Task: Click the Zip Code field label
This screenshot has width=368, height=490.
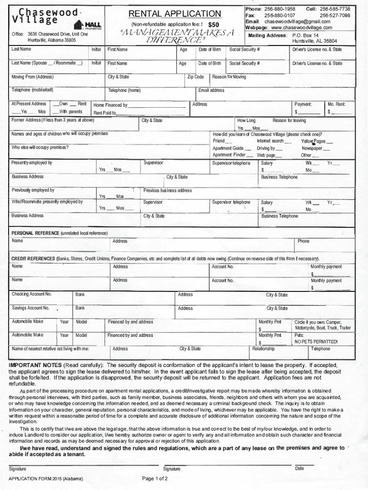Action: tap(195, 77)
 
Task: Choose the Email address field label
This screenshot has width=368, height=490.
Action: tap(211, 90)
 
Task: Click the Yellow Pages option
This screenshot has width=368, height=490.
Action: tap(314, 141)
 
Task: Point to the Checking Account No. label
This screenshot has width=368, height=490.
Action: tap(32, 294)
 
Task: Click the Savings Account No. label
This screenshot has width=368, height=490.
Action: tap(31, 308)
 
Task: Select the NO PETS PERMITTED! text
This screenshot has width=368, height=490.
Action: tap(316, 342)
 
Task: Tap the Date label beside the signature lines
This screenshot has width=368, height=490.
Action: tap(299, 468)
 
